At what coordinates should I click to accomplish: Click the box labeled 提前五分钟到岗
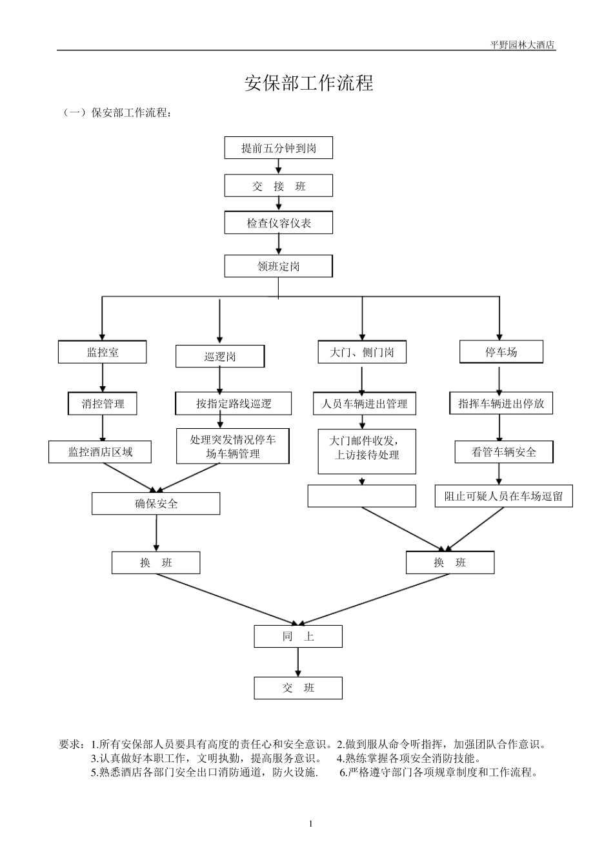click(x=278, y=148)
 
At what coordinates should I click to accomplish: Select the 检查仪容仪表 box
click(x=278, y=222)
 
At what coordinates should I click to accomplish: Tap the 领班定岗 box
click(x=278, y=266)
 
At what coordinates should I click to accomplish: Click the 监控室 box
click(x=102, y=352)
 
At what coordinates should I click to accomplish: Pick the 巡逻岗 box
click(x=220, y=356)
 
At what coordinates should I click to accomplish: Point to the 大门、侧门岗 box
click(x=362, y=352)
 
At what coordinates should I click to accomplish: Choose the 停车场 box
click(x=501, y=351)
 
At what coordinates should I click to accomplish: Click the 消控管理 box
click(x=102, y=404)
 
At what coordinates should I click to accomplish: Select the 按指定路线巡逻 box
click(x=233, y=404)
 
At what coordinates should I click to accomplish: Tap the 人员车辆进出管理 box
click(x=365, y=404)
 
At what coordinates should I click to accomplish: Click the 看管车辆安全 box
click(x=504, y=452)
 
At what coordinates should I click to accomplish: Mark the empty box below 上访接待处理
click(x=362, y=496)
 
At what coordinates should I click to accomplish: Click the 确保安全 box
click(x=156, y=503)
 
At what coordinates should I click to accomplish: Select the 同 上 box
click(x=298, y=636)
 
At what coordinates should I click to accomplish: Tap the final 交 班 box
click(x=298, y=688)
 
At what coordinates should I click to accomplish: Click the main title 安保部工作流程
click(x=308, y=83)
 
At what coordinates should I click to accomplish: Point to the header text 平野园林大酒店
click(x=523, y=45)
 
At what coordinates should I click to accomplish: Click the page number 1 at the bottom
click(x=310, y=824)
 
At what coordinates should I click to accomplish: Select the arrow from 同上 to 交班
click(x=298, y=662)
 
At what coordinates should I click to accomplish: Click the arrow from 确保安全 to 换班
click(x=156, y=533)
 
